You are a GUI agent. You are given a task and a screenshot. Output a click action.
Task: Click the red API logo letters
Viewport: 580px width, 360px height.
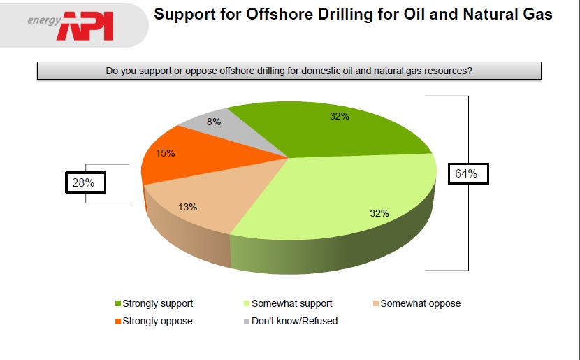[85, 26]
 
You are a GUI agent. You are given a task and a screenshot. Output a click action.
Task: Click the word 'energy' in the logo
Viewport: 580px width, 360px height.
[44, 20]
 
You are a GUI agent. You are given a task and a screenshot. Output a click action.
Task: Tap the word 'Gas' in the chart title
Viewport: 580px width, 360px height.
[539, 14]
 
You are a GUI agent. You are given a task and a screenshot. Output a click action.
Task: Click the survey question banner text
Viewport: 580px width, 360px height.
[289, 71]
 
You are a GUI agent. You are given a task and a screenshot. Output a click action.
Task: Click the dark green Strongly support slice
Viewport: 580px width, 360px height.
[333, 129]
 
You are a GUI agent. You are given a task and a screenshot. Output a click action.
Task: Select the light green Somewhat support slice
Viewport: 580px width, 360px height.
[344, 196]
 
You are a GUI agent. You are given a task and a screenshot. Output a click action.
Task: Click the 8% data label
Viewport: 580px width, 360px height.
[214, 122]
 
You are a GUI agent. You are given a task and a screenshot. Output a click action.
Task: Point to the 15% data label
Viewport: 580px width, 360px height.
[166, 153]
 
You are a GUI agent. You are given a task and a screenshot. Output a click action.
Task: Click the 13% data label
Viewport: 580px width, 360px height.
[187, 207]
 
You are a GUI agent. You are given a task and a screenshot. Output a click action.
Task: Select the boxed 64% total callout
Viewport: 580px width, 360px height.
[468, 173]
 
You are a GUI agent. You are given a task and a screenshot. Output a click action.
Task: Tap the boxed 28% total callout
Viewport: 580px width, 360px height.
[85, 182]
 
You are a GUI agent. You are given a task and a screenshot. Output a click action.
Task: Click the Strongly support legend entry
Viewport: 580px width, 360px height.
[154, 303]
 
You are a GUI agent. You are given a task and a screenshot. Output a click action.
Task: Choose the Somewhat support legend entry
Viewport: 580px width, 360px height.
[288, 303]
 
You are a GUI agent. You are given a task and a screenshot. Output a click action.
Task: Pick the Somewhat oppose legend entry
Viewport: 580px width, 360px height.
[417, 303]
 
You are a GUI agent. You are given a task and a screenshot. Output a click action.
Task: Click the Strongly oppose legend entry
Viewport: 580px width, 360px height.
[154, 321]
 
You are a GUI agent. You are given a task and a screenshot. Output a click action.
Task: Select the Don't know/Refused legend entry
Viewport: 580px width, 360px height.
[291, 321]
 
